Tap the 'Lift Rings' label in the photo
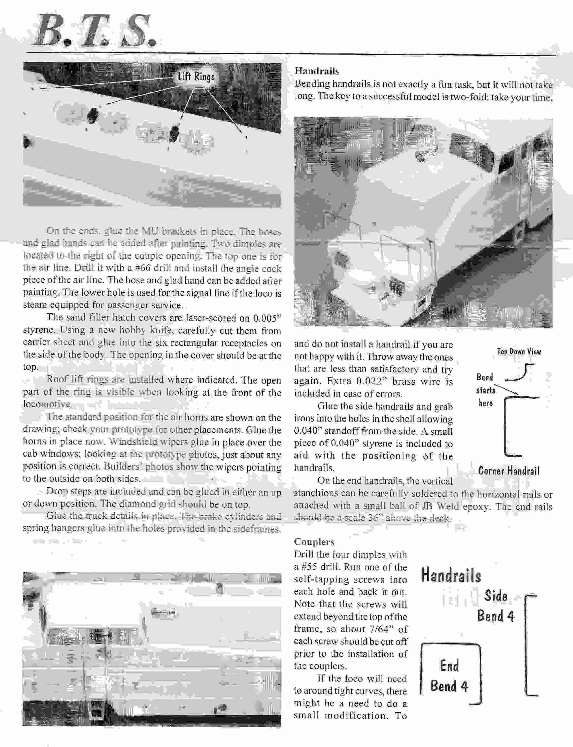click(196, 76)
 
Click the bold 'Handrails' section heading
click(317, 71)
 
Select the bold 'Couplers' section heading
click(314, 542)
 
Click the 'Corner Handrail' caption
click(508, 471)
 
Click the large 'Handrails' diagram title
click(451, 575)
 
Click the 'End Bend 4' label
click(449, 676)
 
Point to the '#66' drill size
click(143, 268)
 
